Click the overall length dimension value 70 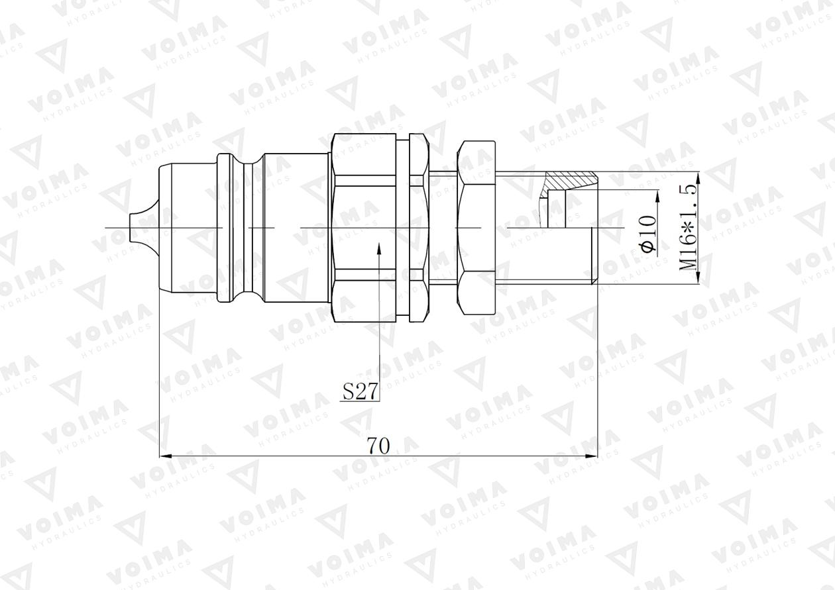(378, 446)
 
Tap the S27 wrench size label (360, 392)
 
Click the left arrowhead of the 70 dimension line (166, 456)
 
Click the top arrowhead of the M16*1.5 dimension (699, 175)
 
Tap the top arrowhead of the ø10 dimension (657, 195)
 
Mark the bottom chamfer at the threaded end (594, 281)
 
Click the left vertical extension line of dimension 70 (160, 371)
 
